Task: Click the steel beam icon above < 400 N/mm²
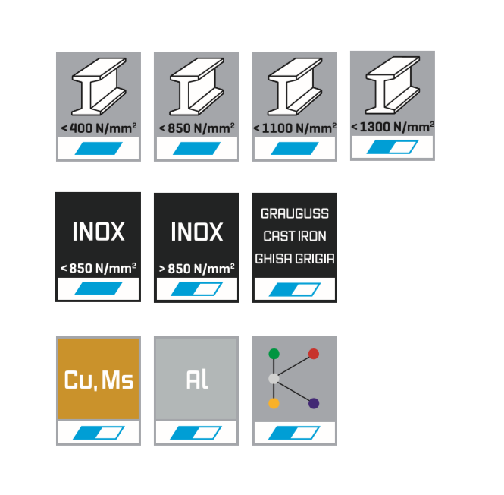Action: [x=99, y=90]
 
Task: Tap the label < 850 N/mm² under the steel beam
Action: [x=196, y=128]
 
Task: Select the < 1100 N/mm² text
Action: [x=294, y=128]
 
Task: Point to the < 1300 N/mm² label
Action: [x=393, y=126]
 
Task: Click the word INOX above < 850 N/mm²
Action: [x=98, y=232]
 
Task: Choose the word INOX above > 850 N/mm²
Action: [x=196, y=232]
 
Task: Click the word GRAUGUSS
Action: [x=294, y=214]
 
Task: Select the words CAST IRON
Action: [x=294, y=236]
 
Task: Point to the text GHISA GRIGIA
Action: [x=294, y=258]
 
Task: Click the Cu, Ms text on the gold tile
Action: [x=98, y=380]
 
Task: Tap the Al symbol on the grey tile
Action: [x=196, y=380]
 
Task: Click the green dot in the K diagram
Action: [x=274, y=354]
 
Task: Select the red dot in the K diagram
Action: [x=314, y=354]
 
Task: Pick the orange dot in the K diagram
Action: [x=274, y=403]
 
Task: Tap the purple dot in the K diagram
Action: [x=314, y=403]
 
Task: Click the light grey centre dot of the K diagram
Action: [x=274, y=378]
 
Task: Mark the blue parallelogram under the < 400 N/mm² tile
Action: [x=99, y=148]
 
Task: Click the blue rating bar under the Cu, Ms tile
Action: [x=99, y=433]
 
